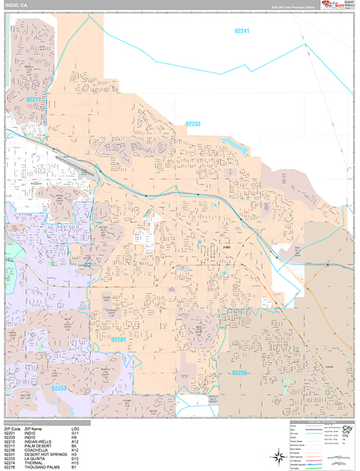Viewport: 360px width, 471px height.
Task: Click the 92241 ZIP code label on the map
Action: pos(242,31)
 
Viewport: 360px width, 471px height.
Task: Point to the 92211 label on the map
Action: pos(33,100)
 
